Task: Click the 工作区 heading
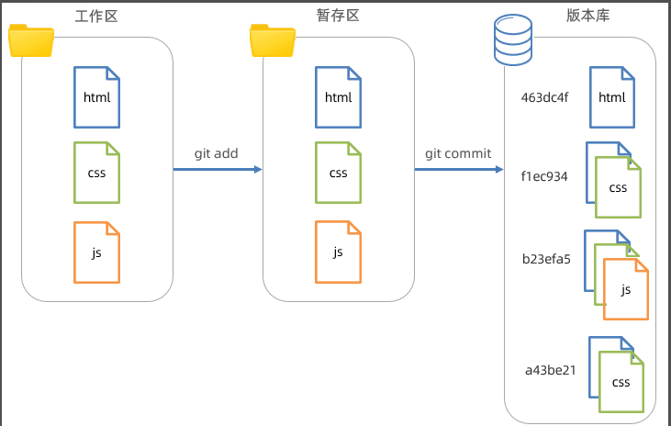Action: pos(96,17)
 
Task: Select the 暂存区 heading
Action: pos(338,16)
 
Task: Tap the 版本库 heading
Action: pos(587,16)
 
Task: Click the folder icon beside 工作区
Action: pos(31,40)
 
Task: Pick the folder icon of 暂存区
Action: pos(273,40)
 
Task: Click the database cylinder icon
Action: pos(513,39)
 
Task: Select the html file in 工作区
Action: pos(96,97)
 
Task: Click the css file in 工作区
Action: pos(96,173)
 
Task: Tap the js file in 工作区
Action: pos(96,252)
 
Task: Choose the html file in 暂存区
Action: pos(338,97)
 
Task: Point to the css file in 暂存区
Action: pos(338,173)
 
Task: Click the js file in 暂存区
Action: pos(338,252)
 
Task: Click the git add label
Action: pos(216,153)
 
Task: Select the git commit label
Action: pos(458,153)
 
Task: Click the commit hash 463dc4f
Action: pos(544,97)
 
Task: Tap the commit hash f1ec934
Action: pos(544,176)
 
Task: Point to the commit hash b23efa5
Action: pos(546,259)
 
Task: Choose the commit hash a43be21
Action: pos(551,370)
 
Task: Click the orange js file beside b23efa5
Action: pos(626,289)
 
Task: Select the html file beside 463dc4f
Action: pos(612,97)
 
